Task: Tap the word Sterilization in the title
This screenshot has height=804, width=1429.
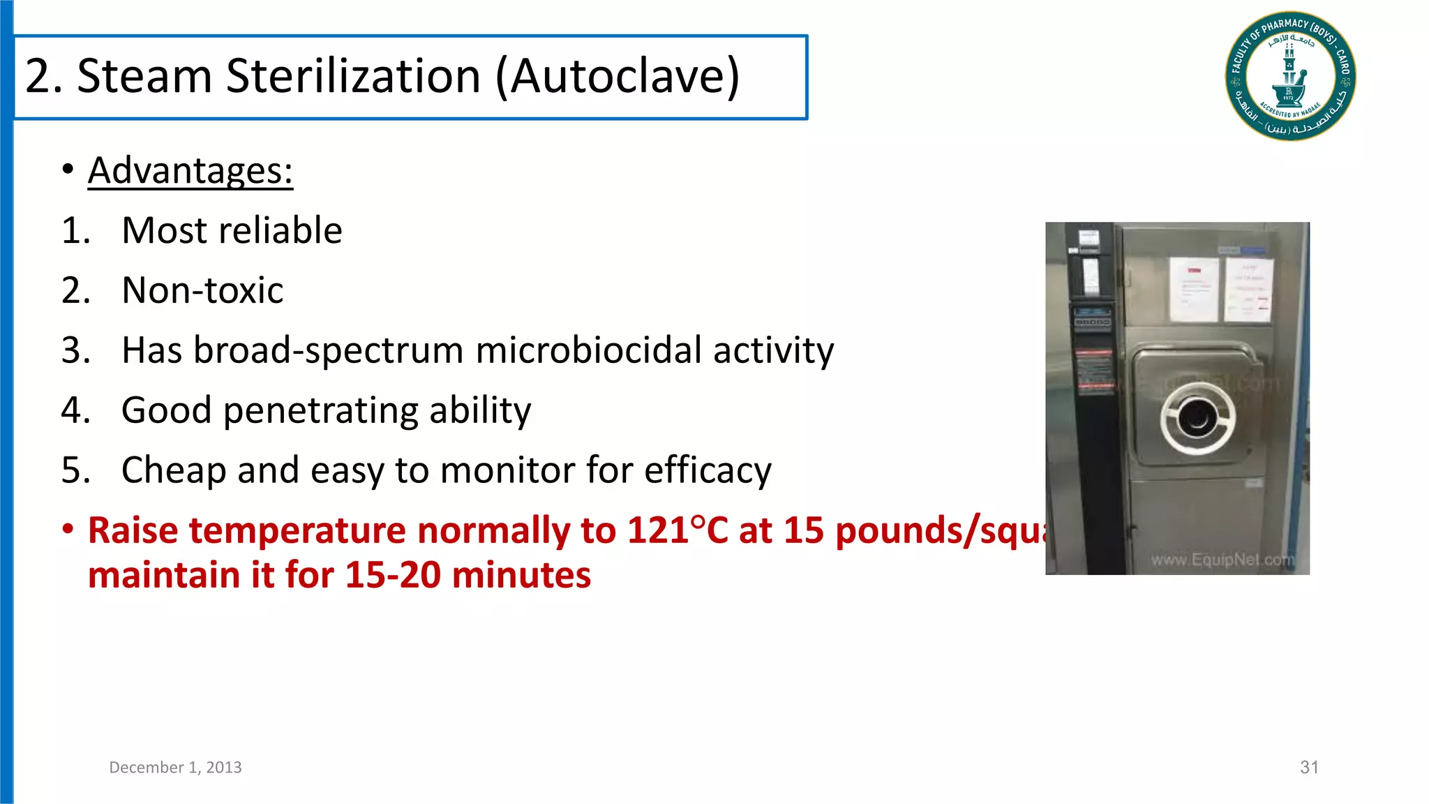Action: (353, 76)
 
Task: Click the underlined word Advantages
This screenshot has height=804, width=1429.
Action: (190, 170)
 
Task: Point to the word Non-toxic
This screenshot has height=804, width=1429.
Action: (202, 290)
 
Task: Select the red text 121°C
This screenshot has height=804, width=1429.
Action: (677, 530)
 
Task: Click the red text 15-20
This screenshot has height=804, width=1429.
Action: (393, 575)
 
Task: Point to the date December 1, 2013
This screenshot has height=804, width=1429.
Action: (175, 768)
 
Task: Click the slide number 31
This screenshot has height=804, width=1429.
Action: (1309, 768)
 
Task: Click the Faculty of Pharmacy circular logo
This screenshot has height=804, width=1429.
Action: (1290, 76)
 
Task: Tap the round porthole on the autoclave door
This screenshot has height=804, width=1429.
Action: (1197, 418)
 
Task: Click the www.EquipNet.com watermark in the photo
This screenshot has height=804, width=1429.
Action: (1222, 560)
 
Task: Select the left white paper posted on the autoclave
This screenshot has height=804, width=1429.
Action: (1194, 289)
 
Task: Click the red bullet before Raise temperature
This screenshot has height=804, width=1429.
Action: (68, 530)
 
